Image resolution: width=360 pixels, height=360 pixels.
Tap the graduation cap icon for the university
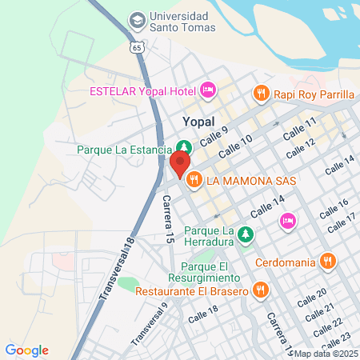[137, 18]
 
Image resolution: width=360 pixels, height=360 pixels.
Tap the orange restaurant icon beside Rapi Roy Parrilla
[260, 94]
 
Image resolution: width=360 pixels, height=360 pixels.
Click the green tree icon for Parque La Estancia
[184, 147]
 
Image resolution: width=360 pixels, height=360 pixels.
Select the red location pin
[178, 164]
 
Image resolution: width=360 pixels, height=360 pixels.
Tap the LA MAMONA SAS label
[251, 181]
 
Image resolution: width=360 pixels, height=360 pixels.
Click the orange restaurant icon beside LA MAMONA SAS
[193, 181]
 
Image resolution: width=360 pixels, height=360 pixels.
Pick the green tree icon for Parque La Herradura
[247, 233]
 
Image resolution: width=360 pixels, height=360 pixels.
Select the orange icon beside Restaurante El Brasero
[259, 290]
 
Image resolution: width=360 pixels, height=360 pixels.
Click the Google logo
[27, 350]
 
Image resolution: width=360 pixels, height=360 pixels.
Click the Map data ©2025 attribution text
[326, 354]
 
